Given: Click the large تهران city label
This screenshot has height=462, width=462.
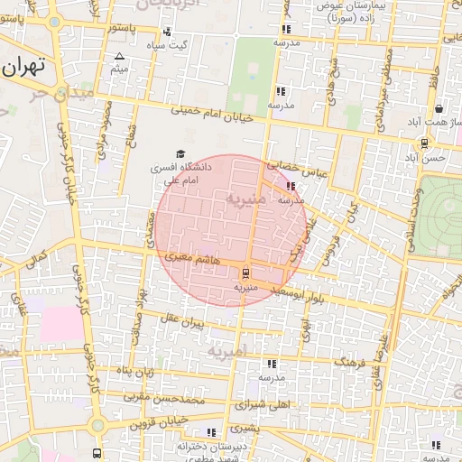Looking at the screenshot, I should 23,67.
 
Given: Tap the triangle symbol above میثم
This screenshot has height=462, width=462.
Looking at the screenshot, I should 119,57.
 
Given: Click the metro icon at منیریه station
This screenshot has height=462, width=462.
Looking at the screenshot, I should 246,273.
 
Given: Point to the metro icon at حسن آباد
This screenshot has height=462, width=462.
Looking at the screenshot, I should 424,143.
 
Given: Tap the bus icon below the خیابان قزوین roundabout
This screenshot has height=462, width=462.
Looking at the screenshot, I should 97,453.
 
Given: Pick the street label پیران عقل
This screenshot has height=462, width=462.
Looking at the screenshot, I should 183,319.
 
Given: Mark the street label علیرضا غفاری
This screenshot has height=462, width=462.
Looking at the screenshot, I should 383,354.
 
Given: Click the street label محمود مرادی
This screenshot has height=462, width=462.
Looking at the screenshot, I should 106,123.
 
